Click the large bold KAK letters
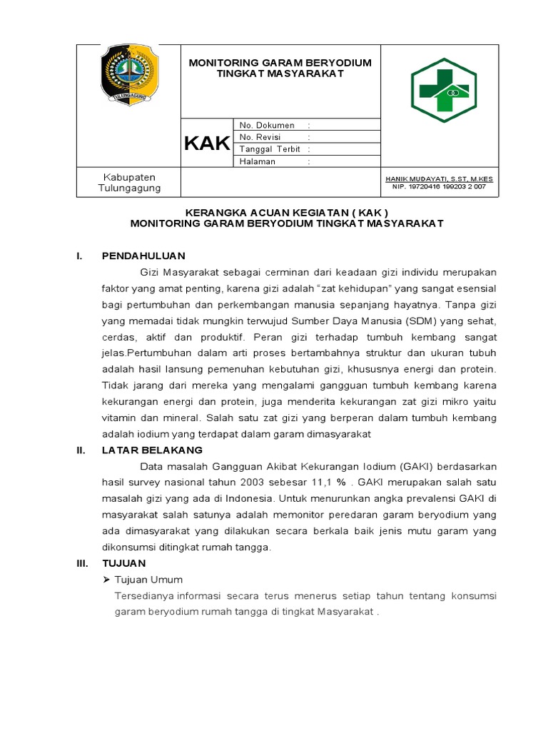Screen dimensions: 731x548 (x=207, y=143)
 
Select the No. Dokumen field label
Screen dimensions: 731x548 (x=268, y=125)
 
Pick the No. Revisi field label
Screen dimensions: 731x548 (x=260, y=137)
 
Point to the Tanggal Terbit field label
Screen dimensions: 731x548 (x=270, y=149)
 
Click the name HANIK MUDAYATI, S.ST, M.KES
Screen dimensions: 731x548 (x=439, y=178)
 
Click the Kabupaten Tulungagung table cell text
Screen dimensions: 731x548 (x=129, y=182)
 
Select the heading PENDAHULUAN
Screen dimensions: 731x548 (x=143, y=256)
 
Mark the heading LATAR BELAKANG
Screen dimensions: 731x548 (x=152, y=450)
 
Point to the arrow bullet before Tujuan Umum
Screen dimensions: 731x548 (x=107, y=580)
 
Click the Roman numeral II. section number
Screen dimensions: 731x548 (x=81, y=450)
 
